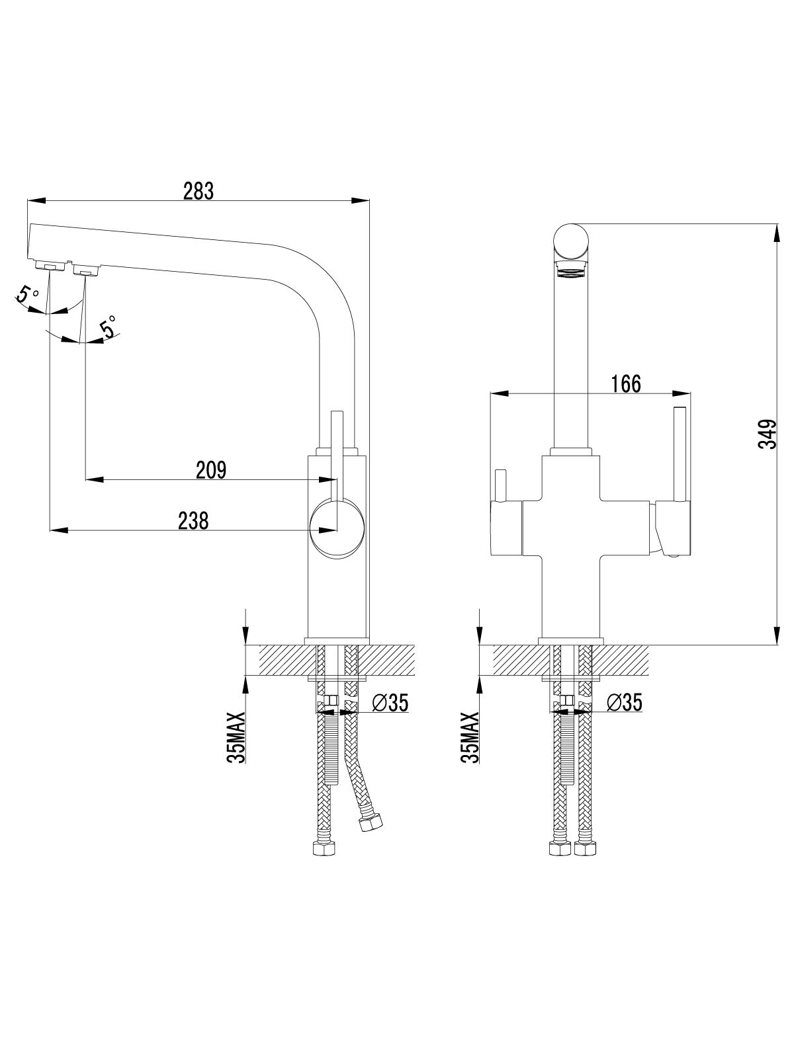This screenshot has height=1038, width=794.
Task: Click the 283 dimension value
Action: (x=198, y=191)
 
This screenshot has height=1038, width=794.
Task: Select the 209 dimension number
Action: (x=212, y=470)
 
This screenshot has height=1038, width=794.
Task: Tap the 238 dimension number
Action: (x=193, y=521)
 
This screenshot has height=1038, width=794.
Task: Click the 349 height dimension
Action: (x=767, y=434)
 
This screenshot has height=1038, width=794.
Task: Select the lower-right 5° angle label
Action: (x=109, y=327)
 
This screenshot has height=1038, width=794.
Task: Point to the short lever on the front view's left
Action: (x=501, y=486)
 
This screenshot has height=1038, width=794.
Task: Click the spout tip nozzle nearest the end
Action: (x=48, y=266)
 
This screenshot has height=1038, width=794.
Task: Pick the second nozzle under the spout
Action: (x=85, y=270)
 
